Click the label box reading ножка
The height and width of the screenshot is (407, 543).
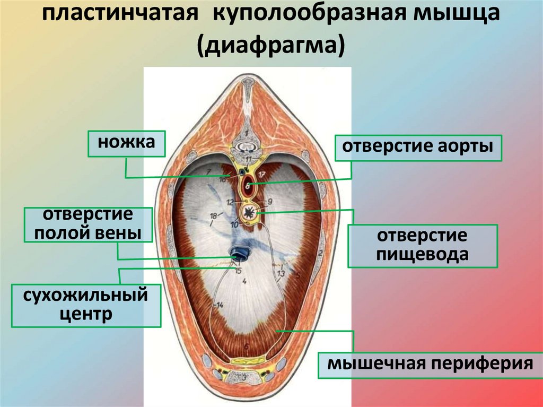126,143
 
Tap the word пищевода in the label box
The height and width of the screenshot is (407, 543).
422,254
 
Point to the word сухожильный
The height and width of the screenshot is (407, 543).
85,295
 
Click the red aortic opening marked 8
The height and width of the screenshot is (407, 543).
248,187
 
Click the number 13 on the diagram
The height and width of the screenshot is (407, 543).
281,273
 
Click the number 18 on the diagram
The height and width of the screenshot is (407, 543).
213,216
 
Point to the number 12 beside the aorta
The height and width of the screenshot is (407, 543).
230,202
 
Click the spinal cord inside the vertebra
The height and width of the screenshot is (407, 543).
247,144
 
